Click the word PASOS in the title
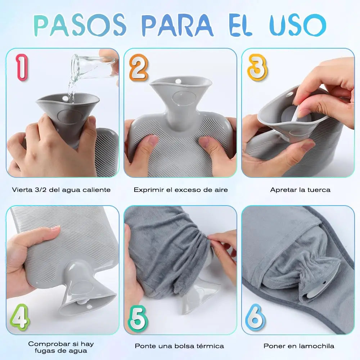80,25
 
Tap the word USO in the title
298,25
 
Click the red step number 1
22,67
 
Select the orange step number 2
139,68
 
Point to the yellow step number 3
257,68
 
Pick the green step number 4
20,317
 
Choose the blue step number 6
255,317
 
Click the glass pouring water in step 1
94,66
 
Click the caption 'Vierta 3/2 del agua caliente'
61,190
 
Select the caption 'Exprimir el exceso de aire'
181,190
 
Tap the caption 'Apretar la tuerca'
300,190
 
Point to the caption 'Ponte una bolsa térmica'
179,346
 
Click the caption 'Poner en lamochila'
299,346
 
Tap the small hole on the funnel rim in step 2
178,81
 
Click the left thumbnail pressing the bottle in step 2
152,140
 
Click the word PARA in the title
177,25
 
